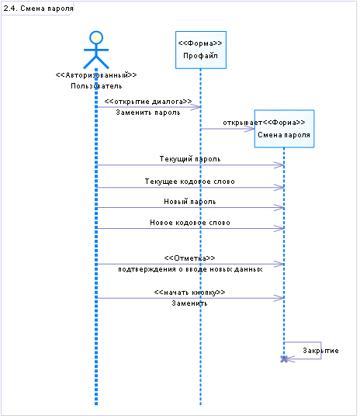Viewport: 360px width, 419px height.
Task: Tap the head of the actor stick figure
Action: (x=96, y=37)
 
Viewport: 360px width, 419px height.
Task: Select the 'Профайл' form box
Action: (x=201, y=50)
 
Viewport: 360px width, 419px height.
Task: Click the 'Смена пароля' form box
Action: (x=284, y=129)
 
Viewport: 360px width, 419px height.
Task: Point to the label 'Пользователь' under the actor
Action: (x=96, y=86)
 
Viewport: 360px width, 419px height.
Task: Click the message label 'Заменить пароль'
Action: (x=148, y=113)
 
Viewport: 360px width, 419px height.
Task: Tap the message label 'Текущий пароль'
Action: (x=190, y=159)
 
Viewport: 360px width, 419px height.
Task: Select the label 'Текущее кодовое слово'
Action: (x=190, y=182)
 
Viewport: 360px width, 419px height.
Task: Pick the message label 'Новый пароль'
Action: (x=190, y=202)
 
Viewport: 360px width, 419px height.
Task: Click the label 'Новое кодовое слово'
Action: (x=190, y=223)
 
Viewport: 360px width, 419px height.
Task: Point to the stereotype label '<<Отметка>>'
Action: (x=189, y=258)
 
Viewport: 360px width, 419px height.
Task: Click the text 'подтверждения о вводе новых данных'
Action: (x=190, y=269)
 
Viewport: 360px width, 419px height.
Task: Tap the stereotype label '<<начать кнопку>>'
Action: (x=189, y=293)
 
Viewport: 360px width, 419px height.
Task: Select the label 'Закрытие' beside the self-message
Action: (x=320, y=351)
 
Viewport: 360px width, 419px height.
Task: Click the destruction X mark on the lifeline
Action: (x=284, y=359)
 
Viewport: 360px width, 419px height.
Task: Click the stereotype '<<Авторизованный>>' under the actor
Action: (x=96, y=75)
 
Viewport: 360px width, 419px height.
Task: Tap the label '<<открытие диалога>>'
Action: (x=148, y=102)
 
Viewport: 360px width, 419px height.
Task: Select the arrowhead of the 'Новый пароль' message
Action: (x=279, y=208)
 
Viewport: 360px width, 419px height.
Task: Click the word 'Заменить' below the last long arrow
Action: (x=189, y=303)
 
